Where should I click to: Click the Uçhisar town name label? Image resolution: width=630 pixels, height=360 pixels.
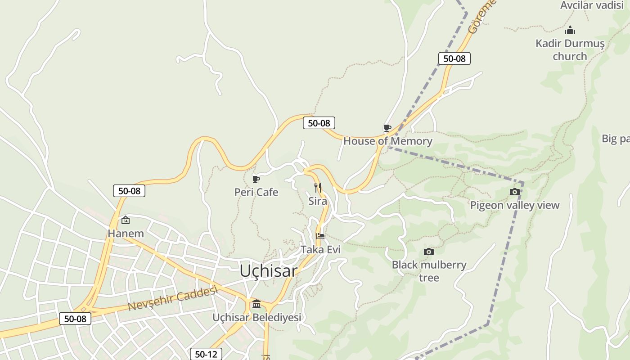tap(268, 271)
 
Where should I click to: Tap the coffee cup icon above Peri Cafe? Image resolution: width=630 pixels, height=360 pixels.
tap(256, 180)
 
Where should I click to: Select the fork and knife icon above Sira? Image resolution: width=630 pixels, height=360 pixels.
tap(318, 188)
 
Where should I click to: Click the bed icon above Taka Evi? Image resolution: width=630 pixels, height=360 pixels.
tap(320, 236)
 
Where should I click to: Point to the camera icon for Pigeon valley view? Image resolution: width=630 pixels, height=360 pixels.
tap(515, 192)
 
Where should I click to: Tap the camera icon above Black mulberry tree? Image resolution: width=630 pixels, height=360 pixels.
tap(429, 252)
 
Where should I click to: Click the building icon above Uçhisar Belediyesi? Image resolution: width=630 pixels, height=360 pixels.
tap(256, 304)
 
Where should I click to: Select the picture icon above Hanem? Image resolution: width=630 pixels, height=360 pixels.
tap(126, 220)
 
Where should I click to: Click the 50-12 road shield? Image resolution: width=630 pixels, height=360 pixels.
tap(206, 354)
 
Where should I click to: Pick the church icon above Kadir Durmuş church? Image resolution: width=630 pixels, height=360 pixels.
tap(570, 31)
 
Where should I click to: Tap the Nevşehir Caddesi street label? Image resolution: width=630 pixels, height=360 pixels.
tap(173, 298)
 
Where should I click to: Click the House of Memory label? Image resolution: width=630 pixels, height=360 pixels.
tap(387, 141)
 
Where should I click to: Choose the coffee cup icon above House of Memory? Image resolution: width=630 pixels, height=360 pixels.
tap(387, 128)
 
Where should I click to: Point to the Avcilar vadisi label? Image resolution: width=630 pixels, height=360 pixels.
tap(592, 5)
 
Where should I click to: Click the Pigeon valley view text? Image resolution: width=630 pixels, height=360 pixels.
tap(515, 206)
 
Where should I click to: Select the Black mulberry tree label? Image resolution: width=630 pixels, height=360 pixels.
tap(429, 271)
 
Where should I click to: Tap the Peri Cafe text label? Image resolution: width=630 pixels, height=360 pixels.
tap(256, 193)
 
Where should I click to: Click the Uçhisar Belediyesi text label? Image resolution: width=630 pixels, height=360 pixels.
tap(256, 318)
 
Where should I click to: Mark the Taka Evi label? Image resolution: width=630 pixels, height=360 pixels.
tap(320, 250)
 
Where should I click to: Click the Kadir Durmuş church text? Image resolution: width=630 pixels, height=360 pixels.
tap(570, 50)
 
